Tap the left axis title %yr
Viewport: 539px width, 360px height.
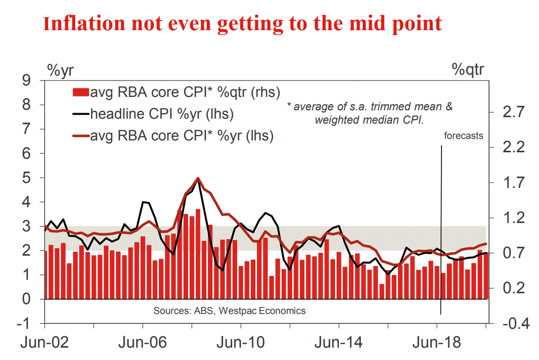61,69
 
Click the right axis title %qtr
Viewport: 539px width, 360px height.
468,69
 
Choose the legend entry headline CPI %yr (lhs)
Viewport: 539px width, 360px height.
161,114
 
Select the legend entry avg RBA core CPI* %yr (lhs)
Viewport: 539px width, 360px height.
181,135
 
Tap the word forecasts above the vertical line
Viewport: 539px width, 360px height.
463,135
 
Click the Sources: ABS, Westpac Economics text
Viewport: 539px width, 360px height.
229,311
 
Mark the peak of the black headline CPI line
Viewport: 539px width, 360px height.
198,180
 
